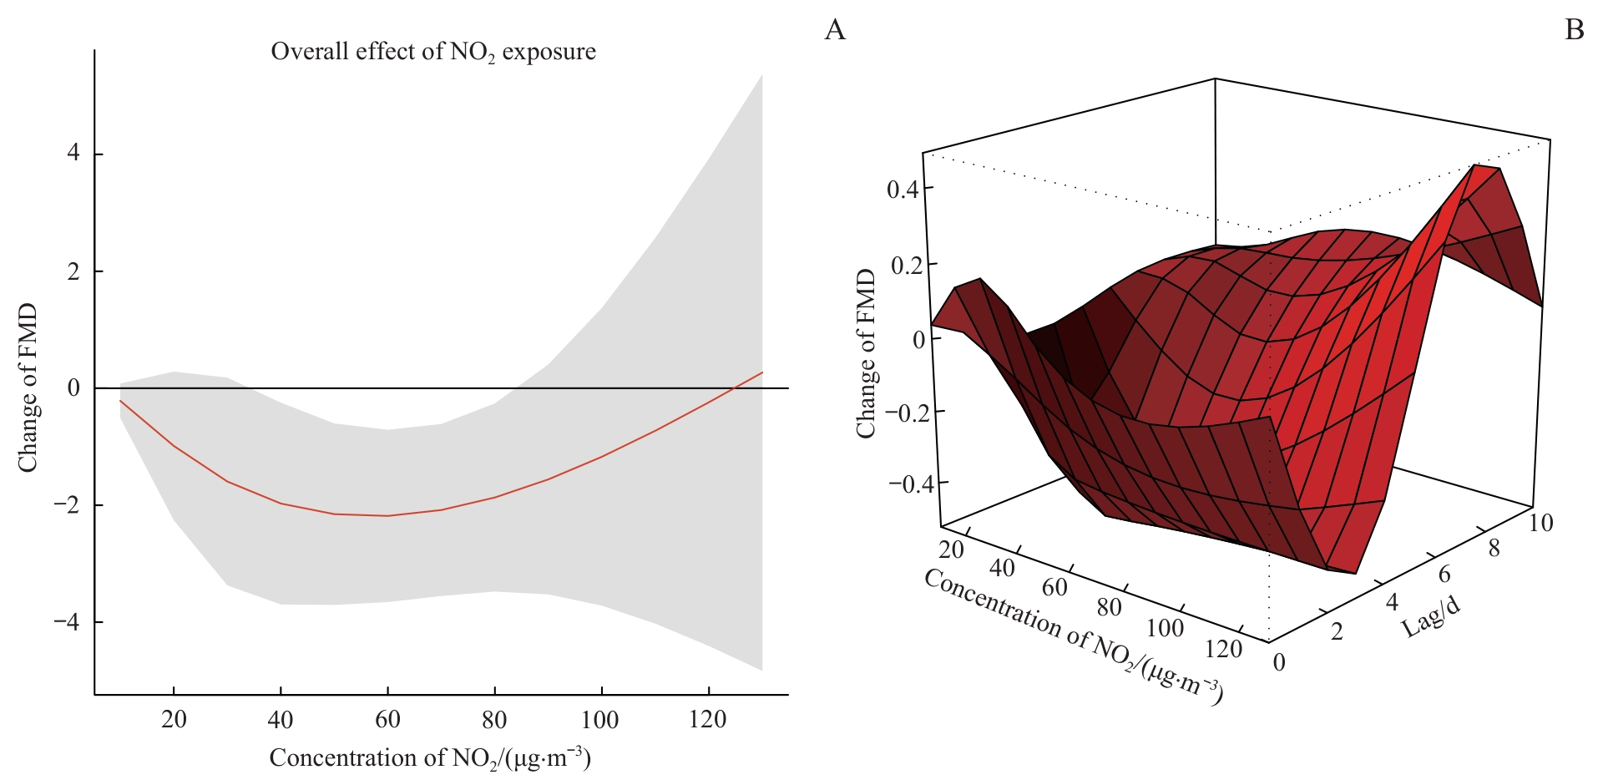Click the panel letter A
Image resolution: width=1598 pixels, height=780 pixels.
(835, 30)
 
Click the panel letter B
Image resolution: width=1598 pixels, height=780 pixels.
(1574, 30)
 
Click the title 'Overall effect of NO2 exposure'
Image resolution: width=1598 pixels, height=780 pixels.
(433, 52)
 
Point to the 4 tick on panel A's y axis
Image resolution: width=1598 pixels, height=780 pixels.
(74, 154)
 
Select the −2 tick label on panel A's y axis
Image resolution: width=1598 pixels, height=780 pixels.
(67, 504)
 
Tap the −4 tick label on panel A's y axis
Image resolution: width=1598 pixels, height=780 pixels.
(67, 621)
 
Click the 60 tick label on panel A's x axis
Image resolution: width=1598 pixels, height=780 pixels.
(387, 719)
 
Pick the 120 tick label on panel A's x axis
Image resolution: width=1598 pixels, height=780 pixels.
(708, 719)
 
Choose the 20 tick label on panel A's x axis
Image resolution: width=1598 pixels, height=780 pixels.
(174, 719)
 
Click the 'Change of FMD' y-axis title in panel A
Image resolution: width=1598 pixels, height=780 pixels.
(28, 387)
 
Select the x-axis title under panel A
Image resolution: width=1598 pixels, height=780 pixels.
(430, 758)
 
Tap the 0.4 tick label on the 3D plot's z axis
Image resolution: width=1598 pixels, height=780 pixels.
(903, 190)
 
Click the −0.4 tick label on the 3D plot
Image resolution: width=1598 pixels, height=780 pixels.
(911, 484)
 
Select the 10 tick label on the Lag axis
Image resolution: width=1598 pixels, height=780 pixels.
(1540, 524)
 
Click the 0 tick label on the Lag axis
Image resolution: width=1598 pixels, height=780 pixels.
(1279, 662)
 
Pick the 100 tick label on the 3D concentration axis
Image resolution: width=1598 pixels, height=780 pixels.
(1165, 627)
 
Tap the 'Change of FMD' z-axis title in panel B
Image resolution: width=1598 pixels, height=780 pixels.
(867, 353)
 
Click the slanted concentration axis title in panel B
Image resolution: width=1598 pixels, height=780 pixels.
(1074, 635)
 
